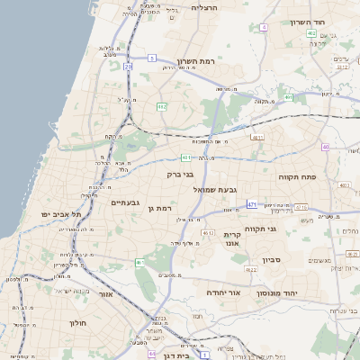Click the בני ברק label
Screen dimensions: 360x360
(x=180, y=174)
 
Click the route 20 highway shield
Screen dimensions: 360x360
(x=129, y=67)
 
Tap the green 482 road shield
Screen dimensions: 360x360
(x=161, y=107)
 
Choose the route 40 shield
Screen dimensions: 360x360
(x=325, y=147)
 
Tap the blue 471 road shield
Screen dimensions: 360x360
(x=252, y=203)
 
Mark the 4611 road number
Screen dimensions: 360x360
(x=257, y=137)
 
